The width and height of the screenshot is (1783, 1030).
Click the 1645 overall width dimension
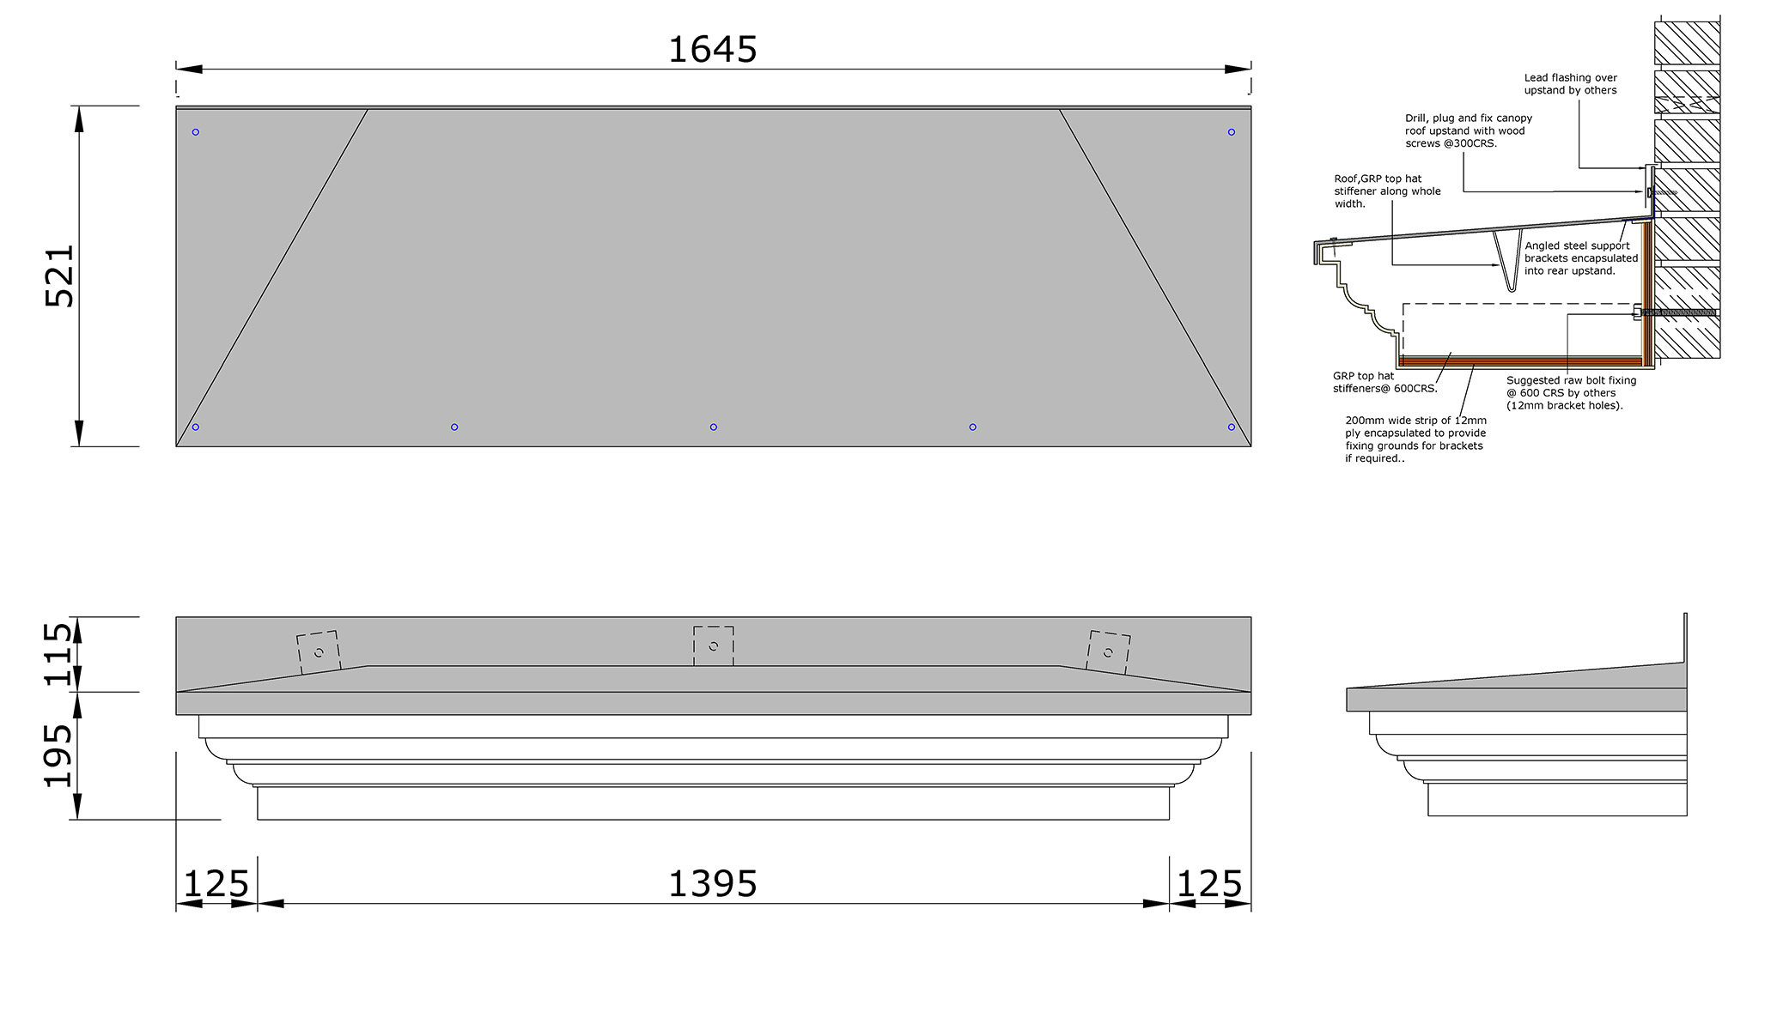pyautogui.click(x=713, y=50)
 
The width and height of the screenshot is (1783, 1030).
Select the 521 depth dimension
pyautogui.click(x=60, y=276)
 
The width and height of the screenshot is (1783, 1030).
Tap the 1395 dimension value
pyautogui.click(x=713, y=884)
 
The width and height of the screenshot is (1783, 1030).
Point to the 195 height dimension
pyautogui.click(x=58, y=755)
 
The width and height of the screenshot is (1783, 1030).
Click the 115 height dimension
pyautogui.click(x=58, y=654)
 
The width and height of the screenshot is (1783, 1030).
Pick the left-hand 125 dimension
pyautogui.click(x=216, y=884)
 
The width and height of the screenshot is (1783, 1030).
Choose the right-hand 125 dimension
pyautogui.click(x=1209, y=884)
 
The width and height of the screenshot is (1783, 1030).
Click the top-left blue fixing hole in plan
pyautogui.click(x=196, y=132)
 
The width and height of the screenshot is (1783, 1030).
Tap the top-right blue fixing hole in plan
pyautogui.click(x=1232, y=132)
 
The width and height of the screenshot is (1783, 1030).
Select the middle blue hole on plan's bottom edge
pyautogui.click(x=714, y=427)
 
